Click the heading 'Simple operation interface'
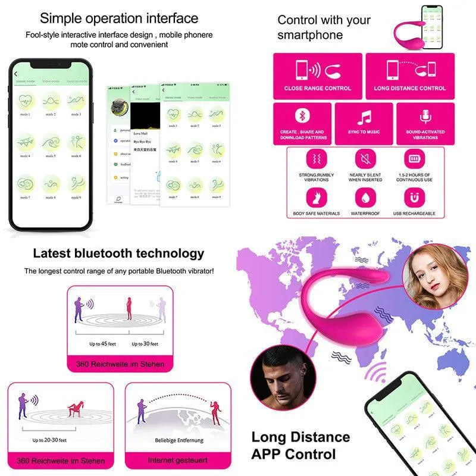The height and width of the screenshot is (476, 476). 119,18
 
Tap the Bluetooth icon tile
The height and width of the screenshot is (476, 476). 302,117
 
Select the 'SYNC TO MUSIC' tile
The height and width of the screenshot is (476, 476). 364,123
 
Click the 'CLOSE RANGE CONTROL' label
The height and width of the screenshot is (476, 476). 317,88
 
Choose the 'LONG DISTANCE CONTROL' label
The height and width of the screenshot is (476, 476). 409,88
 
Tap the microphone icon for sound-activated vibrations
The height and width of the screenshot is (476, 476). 425,117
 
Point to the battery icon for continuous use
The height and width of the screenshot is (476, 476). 414,159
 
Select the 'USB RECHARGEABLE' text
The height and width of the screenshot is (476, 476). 414,213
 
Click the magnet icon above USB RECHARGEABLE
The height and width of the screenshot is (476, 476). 414,197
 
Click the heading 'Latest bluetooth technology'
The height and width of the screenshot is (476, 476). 118,253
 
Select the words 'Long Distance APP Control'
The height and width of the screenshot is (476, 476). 300,446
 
